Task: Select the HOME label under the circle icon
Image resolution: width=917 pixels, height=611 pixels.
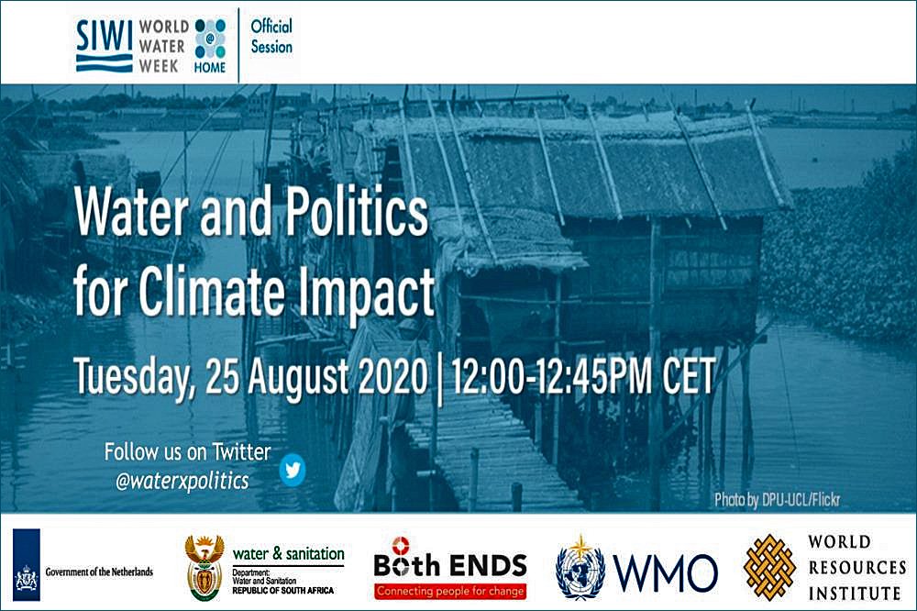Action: [210, 67]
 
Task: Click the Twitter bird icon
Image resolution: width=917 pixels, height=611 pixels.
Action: [292, 469]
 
